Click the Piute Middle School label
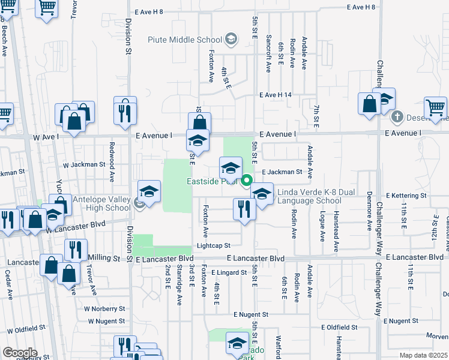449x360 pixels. tap(185, 40)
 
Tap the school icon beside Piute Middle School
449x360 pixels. tap(230, 40)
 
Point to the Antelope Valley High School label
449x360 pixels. tap(101, 203)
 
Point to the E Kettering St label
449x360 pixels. tap(406, 196)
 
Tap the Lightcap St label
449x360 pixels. tap(213, 245)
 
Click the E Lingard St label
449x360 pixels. tap(229, 272)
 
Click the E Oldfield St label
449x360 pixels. tap(339, 328)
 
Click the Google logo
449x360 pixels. tap(20, 353)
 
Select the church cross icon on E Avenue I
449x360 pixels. tap(397, 115)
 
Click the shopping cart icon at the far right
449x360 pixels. tap(436, 108)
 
